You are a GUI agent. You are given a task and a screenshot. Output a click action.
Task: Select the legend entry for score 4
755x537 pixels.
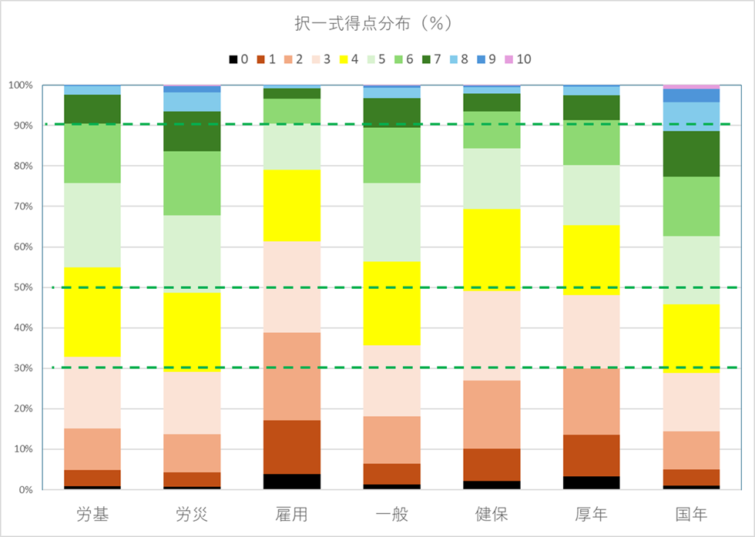point(360,59)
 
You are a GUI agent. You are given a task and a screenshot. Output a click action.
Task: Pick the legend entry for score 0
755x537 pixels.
point(240,59)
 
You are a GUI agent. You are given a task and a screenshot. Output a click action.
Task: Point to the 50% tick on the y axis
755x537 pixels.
point(22,287)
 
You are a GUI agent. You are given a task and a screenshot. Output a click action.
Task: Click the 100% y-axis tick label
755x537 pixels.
point(20,86)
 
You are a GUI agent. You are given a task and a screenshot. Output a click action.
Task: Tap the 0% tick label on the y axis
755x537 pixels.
point(25,489)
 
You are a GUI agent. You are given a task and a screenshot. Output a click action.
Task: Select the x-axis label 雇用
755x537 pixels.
point(292,514)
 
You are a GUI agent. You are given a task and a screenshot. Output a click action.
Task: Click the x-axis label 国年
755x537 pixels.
point(690,514)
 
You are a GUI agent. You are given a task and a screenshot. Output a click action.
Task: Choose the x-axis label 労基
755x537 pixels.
point(92,514)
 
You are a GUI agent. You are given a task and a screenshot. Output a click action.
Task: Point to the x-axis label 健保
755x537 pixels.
point(492,514)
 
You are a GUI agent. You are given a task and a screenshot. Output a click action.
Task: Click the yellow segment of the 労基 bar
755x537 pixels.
point(92,312)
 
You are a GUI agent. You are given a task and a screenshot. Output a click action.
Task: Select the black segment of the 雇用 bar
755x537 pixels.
point(292,482)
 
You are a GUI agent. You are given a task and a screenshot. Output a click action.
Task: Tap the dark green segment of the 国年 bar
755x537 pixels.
point(691,154)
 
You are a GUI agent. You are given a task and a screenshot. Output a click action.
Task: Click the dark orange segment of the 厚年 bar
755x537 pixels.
point(591,455)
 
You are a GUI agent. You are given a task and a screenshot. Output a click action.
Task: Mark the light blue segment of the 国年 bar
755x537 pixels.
point(691,116)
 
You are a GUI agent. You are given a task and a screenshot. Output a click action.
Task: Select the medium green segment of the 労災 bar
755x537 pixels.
point(193,183)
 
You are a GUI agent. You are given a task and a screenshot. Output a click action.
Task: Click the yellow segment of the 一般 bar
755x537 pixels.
point(391,303)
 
